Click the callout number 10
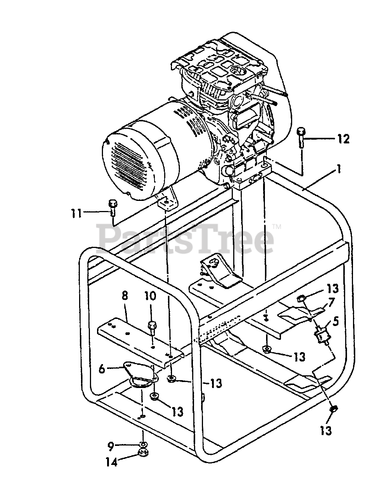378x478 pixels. point(151,296)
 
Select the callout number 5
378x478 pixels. point(335,321)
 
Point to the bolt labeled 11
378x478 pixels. point(112,208)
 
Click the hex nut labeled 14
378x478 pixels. point(142,453)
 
